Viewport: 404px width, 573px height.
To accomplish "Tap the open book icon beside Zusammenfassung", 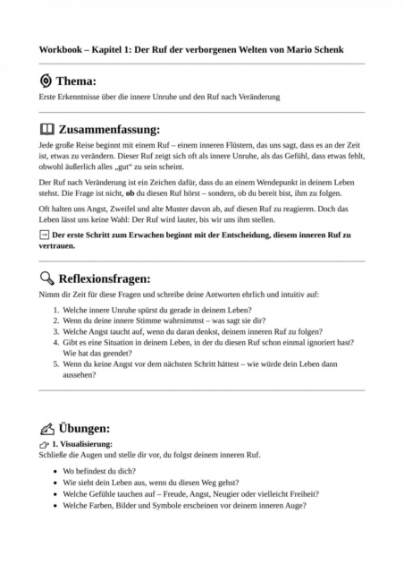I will (46, 129).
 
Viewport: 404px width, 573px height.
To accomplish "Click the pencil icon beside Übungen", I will (46, 427).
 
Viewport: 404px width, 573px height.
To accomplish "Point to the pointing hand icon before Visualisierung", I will (44, 444).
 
